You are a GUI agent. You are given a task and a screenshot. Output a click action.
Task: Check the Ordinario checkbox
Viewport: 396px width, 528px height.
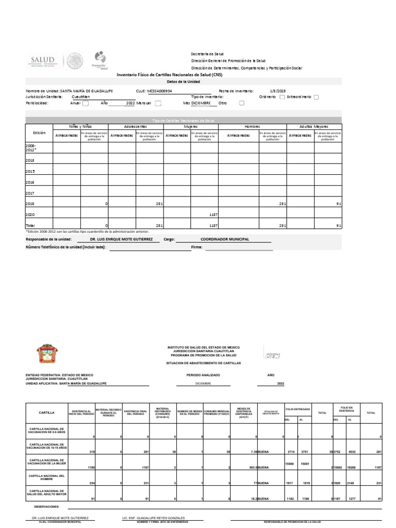[x=282, y=96]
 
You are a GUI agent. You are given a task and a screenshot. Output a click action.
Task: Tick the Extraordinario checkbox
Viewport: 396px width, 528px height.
[x=316, y=96]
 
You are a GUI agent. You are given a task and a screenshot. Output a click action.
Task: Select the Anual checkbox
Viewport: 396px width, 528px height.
[x=86, y=103]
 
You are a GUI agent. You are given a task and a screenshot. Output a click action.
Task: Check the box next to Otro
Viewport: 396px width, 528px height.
[x=242, y=103]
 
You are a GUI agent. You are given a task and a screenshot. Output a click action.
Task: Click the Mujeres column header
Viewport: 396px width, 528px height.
[x=191, y=126]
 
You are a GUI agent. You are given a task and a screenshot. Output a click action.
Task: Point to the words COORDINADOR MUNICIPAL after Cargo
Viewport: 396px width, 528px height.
[x=218, y=239]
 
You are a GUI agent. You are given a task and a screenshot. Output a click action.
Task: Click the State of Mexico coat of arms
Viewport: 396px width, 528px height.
[x=45, y=354]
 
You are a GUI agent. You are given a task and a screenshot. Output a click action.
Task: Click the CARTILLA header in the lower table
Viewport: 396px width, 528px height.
[x=46, y=412]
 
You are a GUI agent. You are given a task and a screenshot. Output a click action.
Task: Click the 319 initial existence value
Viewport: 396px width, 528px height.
[x=92, y=451]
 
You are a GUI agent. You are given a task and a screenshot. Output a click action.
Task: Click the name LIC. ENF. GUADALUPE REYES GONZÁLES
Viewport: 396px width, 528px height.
[x=153, y=517]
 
